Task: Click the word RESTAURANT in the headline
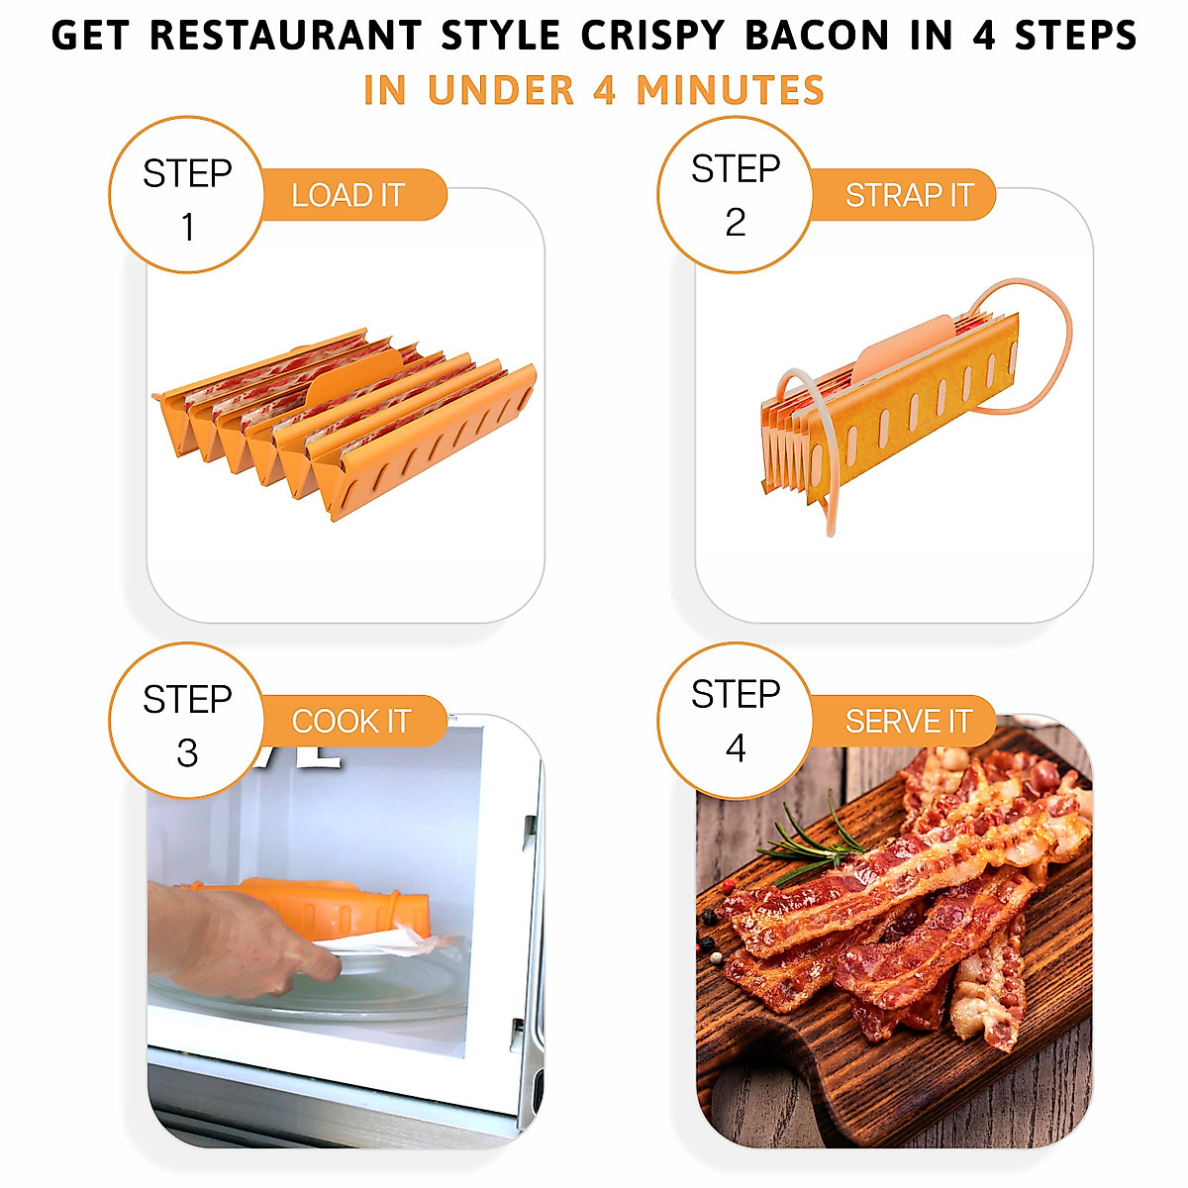(286, 37)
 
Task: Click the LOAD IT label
(348, 195)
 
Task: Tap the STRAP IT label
(909, 195)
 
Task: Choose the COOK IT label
(351, 721)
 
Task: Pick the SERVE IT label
(908, 721)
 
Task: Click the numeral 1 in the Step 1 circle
(187, 228)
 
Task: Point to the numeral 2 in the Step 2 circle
(736, 223)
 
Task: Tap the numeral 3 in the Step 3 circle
(187, 753)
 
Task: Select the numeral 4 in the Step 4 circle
(736, 748)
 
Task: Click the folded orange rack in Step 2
(891, 416)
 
